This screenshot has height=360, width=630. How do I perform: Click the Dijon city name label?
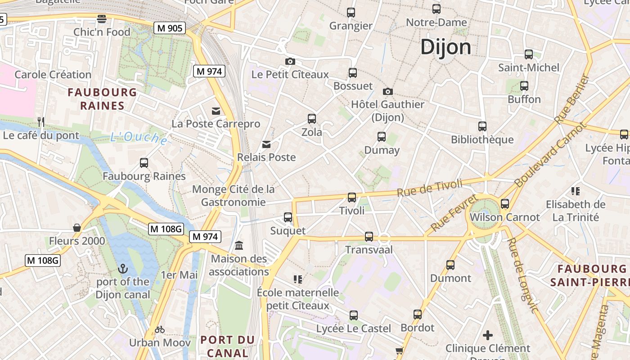click(x=445, y=47)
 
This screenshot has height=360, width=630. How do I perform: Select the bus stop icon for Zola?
click(x=312, y=119)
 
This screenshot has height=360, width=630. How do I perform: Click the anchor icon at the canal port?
click(x=123, y=269)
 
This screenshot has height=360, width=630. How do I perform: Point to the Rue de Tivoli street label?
click(x=429, y=188)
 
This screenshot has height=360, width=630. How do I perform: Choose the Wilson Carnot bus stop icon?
click(x=505, y=204)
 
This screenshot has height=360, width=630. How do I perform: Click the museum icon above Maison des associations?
click(x=239, y=246)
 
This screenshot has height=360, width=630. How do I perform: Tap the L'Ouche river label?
click(x=139, y=138)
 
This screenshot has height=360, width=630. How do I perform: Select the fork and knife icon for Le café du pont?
click(x=41, y=122)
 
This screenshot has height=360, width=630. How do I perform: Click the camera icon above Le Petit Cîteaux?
click(x=290, y=61)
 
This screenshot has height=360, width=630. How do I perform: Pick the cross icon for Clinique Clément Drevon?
click(x=488, y=335)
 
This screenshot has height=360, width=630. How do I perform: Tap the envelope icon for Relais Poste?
click(x=267, y=144)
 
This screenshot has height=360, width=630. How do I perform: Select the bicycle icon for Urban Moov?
click(x=160, y=329)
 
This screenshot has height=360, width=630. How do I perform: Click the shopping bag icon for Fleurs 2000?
click(x=77, y=228)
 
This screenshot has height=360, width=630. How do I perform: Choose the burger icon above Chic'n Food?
click(x=102, y=19)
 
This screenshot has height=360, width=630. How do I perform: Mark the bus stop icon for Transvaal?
click(x=369, y=236)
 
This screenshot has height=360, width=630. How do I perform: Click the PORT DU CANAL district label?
click(x=227, y=346)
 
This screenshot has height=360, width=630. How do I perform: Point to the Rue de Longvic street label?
click(x=522, y=274)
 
